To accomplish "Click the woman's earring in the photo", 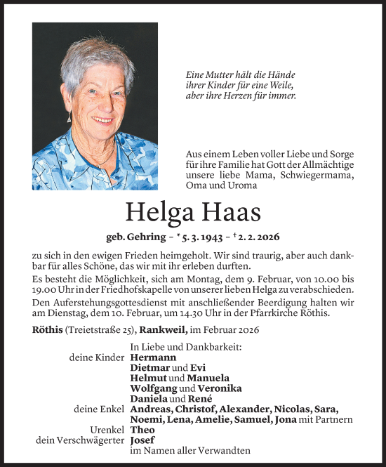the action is click(x=69, y=117).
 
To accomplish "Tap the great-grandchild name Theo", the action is click(x=142, y=430).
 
